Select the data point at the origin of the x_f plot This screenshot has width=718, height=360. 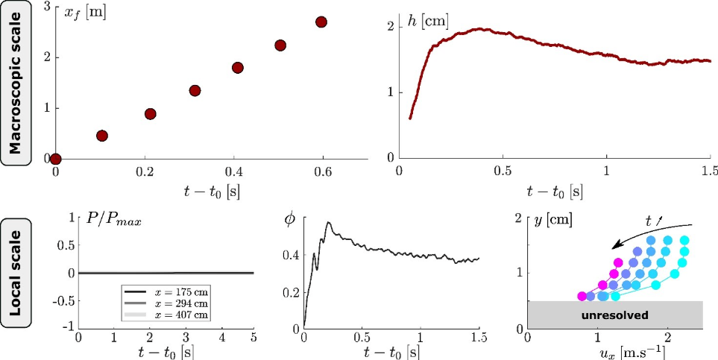point(55,158)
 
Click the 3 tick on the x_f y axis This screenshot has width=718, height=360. point(47,7)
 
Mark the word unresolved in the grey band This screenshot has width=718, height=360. point(615,315)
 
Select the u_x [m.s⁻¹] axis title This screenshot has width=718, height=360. point(615,351)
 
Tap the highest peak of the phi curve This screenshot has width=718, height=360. point(327,222)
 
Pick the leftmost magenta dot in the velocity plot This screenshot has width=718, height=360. point(582,296)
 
